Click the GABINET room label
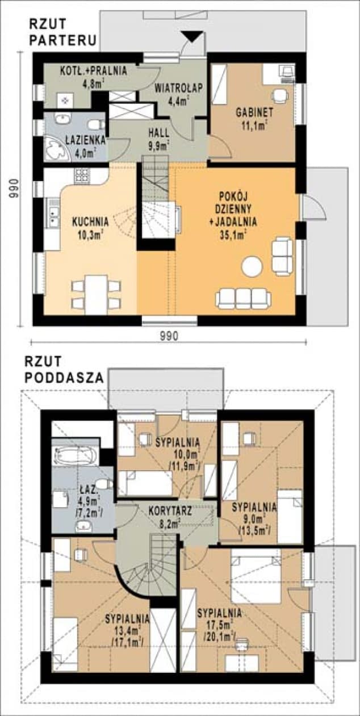coord(252,111)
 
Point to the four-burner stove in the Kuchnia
coord(82,174)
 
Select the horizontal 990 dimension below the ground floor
coord(169,336)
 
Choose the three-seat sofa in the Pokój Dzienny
coord(243,298)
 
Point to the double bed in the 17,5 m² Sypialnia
coord(256,579)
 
